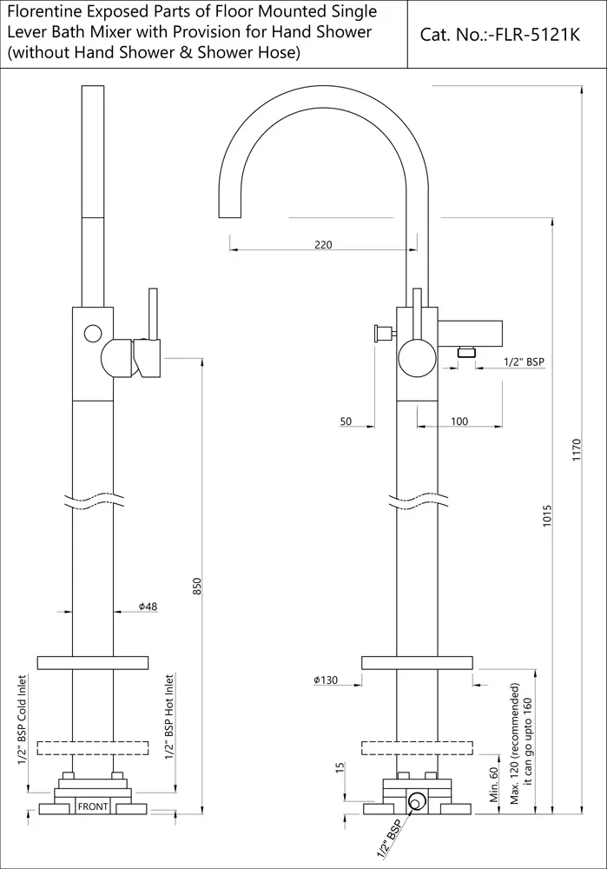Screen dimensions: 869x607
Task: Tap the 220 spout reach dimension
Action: [323, 245]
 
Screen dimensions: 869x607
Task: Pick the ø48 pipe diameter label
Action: [148, 607]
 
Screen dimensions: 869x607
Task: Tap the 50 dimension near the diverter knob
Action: [346, 421]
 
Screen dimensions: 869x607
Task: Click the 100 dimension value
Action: [459, 421]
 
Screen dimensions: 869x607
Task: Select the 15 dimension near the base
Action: [340, 767]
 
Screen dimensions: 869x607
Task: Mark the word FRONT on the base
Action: [93, 807]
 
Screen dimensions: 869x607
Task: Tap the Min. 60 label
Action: [494, 786]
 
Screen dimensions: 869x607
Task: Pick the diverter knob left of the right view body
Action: [379, 332]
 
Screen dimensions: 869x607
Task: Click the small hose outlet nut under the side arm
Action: [466, 352]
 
